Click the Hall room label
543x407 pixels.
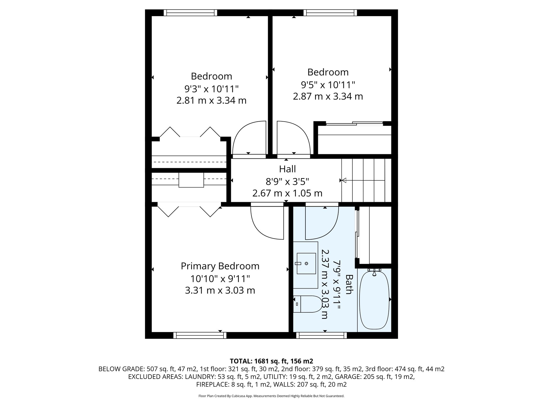[287, 169]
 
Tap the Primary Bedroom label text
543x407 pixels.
[220, 266]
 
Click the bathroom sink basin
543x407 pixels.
[306, 263]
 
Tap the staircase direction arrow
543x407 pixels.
[344, 180]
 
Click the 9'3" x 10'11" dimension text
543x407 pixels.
[211, 89]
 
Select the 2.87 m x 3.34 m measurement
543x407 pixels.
[328, 96]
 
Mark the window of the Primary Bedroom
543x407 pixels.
[200, 335]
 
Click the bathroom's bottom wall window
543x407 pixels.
[321, 335]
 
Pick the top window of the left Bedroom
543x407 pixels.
[190, 12]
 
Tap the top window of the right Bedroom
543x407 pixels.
[330, 12]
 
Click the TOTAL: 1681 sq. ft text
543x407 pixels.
[271, 361]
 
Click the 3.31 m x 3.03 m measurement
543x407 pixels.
[220, 290]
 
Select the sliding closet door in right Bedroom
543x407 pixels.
[354, 123]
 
